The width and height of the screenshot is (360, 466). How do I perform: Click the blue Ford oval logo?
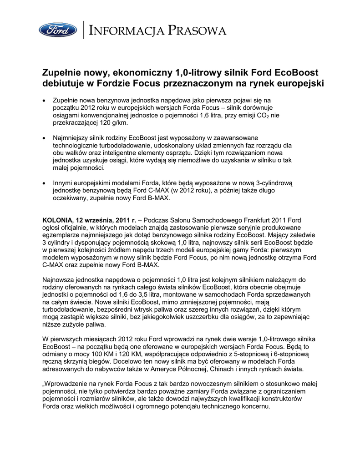point(57,30)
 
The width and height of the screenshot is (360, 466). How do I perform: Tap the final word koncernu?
point(255,406)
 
